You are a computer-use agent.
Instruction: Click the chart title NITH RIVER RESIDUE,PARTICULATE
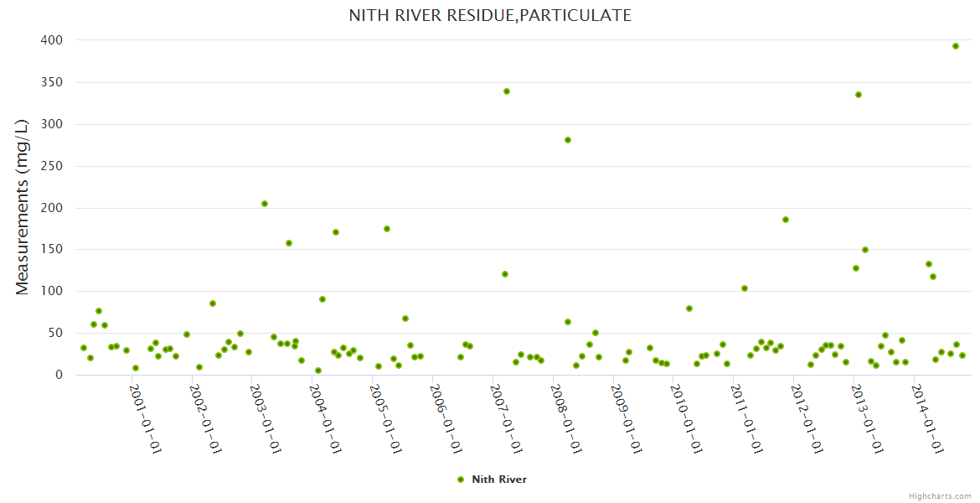point(490,16)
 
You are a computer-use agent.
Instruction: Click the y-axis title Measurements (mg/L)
point(23,207)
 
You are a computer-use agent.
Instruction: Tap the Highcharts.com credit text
point(940,495)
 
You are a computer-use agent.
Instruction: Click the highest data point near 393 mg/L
point(956,46)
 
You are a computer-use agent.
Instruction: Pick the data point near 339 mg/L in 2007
point(507,91)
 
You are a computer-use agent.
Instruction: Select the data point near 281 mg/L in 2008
point(568,140)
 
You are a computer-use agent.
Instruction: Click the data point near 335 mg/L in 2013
point(859,95)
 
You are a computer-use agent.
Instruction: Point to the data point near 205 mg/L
point(265,204)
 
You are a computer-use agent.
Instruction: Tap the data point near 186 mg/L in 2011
point(786,220)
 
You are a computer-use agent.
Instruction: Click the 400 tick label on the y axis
point(52,40)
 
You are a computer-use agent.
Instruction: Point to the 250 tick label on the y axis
point(52,166)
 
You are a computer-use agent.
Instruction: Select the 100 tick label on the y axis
point(52,291)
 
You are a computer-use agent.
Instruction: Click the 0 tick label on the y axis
point(59,375)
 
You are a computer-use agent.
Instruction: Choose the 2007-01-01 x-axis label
point(507,418)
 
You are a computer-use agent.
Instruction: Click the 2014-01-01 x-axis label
point(928,418)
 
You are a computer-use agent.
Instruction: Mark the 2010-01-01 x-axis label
point(687,418)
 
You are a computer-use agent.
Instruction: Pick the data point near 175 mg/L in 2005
point(387,229)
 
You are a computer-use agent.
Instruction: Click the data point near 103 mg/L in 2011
point(745,288)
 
